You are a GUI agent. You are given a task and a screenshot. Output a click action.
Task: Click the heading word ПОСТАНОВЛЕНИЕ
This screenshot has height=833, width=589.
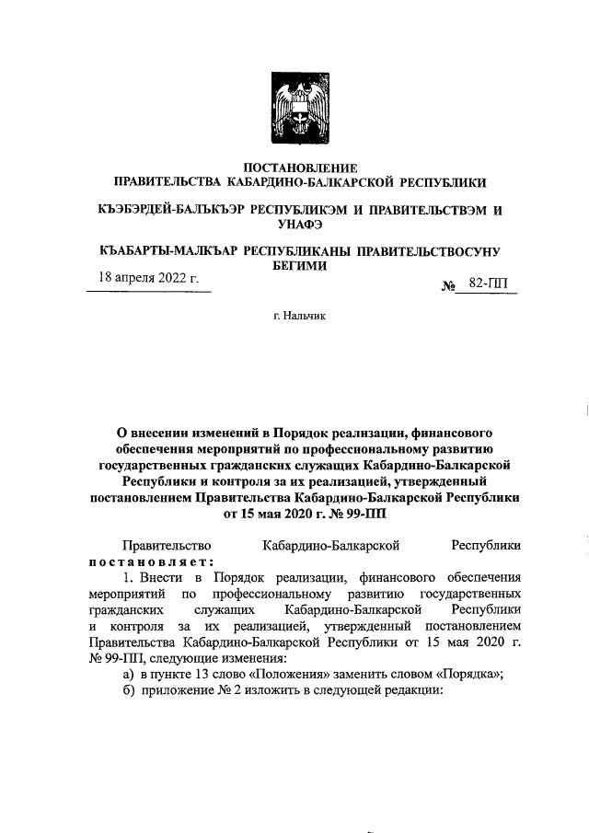click(x=294, y=168)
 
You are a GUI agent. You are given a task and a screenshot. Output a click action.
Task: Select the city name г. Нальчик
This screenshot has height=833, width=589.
click(x=294, y=316)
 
